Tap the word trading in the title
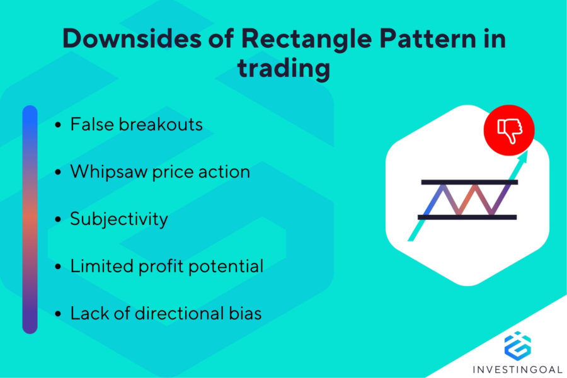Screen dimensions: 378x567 (x=283, y=67)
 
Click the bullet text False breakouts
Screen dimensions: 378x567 (x=136, y=124)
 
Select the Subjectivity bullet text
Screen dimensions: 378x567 (x=119, y=219)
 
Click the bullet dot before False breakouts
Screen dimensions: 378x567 (x=58, y=125)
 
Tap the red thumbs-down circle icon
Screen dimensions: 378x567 (x=509, y=129)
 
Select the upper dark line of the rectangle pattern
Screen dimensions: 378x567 (x=469, y=182)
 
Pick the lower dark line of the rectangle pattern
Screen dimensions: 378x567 (x=469, y=217)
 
